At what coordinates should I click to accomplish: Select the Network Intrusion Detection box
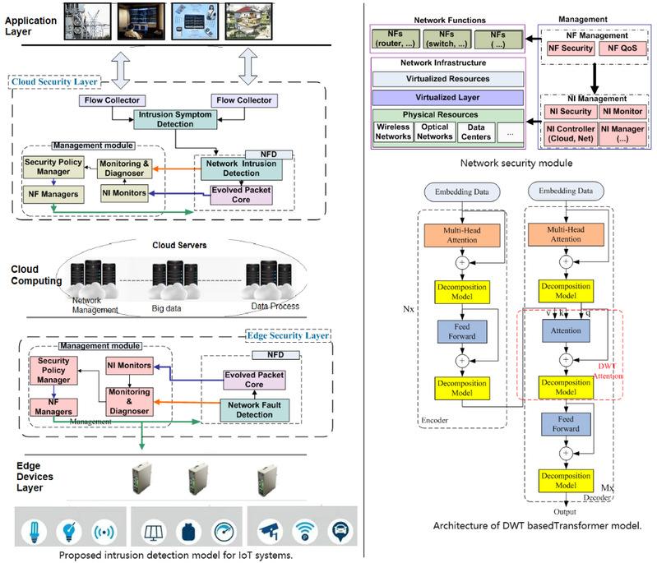click(x=240, y=168)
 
